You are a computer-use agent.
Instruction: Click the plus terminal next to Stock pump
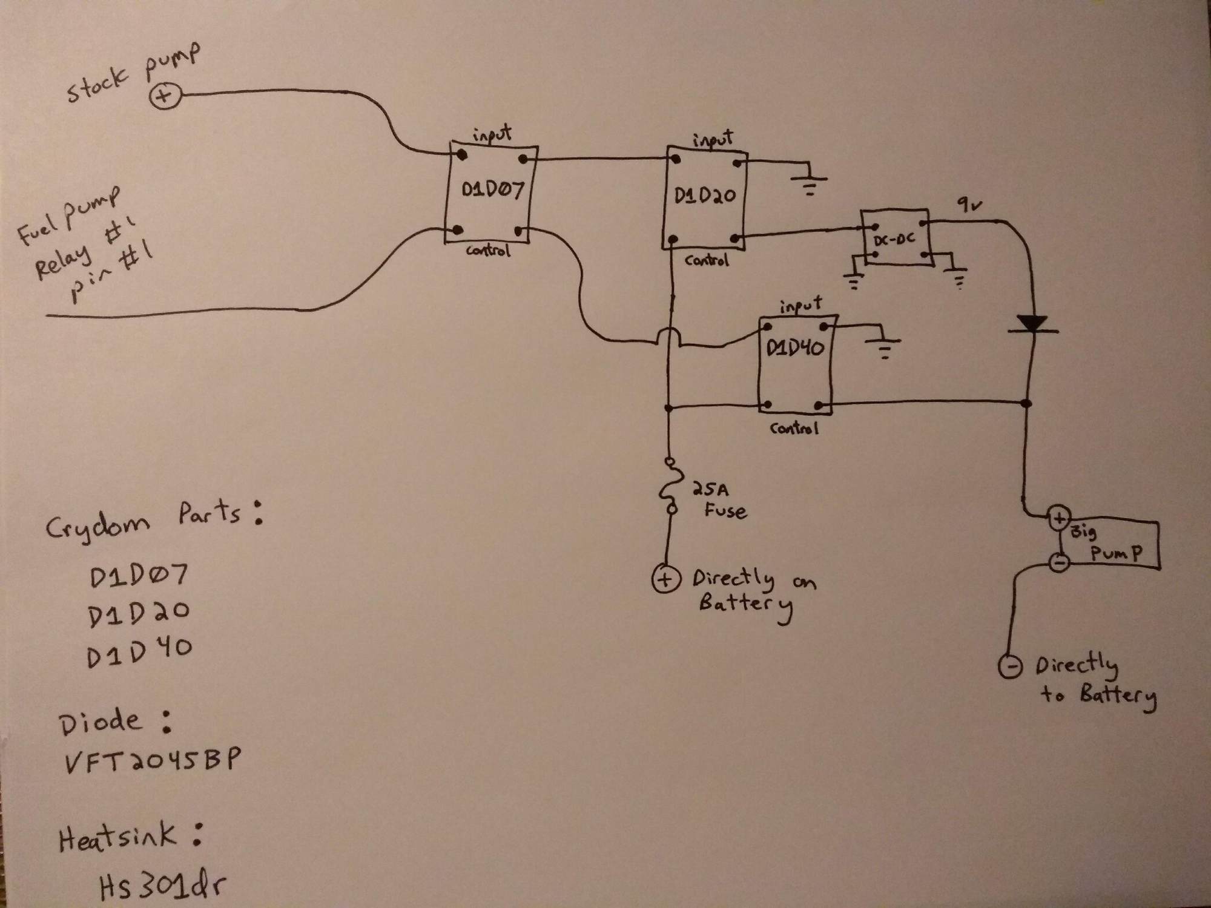(x=165, y=96)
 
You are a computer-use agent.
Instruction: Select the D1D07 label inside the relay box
(x=492, y=190)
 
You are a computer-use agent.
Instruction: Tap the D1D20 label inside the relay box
(x=705, y=196)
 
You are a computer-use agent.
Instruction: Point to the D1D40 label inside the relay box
(x=794, y=349)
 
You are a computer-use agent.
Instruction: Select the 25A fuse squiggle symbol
(x=668, y=487)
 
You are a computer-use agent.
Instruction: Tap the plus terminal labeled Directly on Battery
(x=665, y=579)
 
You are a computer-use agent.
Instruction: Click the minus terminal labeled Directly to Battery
(x=1010, y=666)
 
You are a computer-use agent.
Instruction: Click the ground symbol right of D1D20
(x=809, y=184)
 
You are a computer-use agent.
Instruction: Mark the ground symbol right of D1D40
(x=883, y=347)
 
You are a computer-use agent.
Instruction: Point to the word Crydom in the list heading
(x=97, y=524)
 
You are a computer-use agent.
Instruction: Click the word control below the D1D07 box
(x=488, y=250)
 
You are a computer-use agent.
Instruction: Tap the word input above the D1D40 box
(x=800, y=306)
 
